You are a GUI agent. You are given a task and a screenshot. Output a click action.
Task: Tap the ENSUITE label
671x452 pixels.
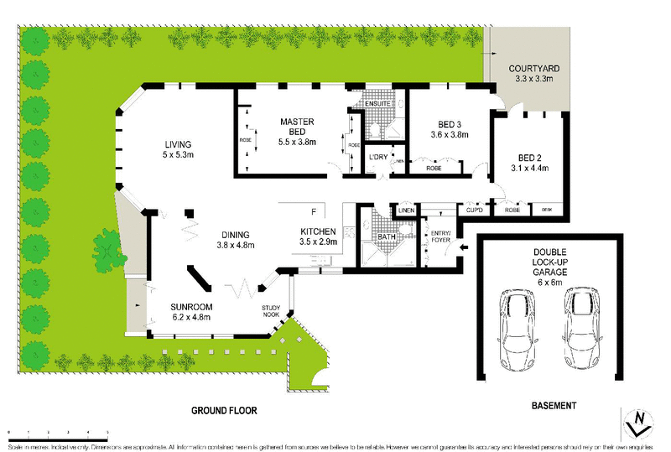368,104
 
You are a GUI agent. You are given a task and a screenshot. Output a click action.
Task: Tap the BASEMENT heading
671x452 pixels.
554,406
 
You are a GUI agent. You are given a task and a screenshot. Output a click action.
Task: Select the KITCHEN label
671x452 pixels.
319,231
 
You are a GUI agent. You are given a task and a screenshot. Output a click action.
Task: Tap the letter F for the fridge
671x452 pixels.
314,212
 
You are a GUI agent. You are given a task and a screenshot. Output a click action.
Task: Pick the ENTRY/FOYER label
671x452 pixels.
440,236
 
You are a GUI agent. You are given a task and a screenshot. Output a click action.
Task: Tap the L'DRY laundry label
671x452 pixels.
377,157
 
